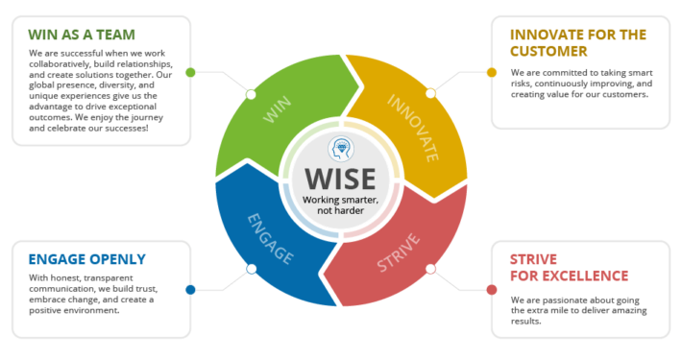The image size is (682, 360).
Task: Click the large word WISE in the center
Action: point(341,180)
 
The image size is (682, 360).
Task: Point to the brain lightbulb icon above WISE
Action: point(341,150)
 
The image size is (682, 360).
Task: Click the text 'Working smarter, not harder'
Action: point(341,204)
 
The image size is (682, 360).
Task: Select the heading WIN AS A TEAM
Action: point(75,34)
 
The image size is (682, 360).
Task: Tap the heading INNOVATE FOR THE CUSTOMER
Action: point(577,42)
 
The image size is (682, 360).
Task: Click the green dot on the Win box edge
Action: point(190,72)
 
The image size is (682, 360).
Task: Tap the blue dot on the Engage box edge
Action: point(190,289)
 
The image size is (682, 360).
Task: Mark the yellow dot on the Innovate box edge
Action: point(491,72)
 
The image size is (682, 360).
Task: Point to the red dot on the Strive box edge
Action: point(491,289)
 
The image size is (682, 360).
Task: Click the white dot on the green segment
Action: point(251,93)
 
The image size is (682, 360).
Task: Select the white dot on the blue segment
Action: point(251,269)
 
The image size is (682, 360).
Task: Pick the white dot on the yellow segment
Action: point(431,93)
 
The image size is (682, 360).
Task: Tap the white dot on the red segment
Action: point(431,269)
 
